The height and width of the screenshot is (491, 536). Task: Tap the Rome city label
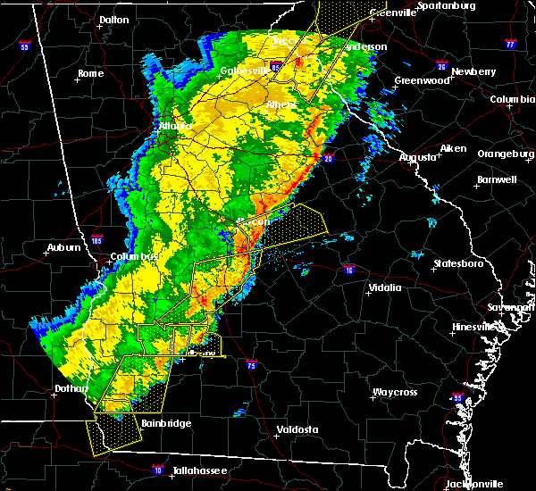[x=90, y=73]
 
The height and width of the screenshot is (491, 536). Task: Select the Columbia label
[x=512, y=99]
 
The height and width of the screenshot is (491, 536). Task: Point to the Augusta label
[x=418, y=157]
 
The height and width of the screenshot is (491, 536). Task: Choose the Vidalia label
[x=385, y=287]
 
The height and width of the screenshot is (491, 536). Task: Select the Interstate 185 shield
[x=96, y=240]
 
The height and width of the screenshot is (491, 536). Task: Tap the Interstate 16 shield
[x=348, y=269]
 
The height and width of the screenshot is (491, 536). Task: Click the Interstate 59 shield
[x=24, y=46]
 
